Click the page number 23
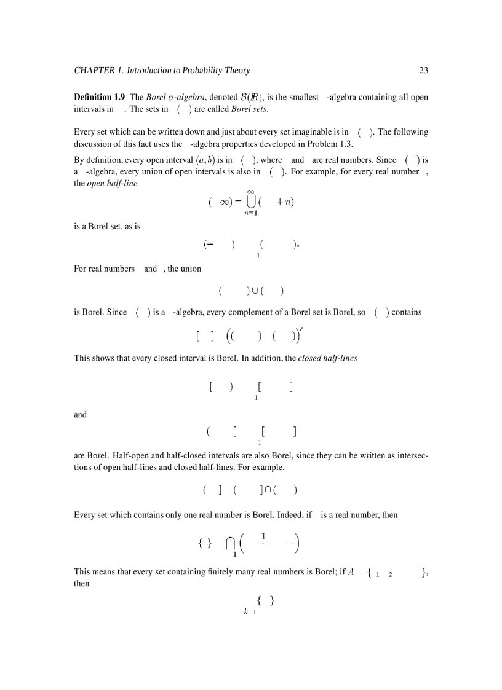pos(423,71)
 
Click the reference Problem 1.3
pos(330,144)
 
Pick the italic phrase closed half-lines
pos(327,358)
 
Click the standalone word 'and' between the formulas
pos(81,415)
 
